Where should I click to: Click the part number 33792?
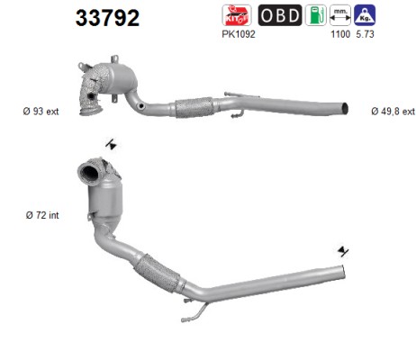(x=107, y=18)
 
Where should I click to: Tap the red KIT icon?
(x=237, y=15)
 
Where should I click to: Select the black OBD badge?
(x=280, y=15)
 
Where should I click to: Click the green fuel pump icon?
(x=316, y=15)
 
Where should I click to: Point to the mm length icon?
(x=340, y=15)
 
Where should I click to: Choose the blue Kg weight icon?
(x=365, y=15)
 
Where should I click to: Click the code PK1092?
(x=239, y=34)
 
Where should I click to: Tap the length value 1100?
(x=340, y=34)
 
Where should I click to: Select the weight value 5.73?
(x=365, y=34)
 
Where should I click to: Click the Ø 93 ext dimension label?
(x=41, y=112)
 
